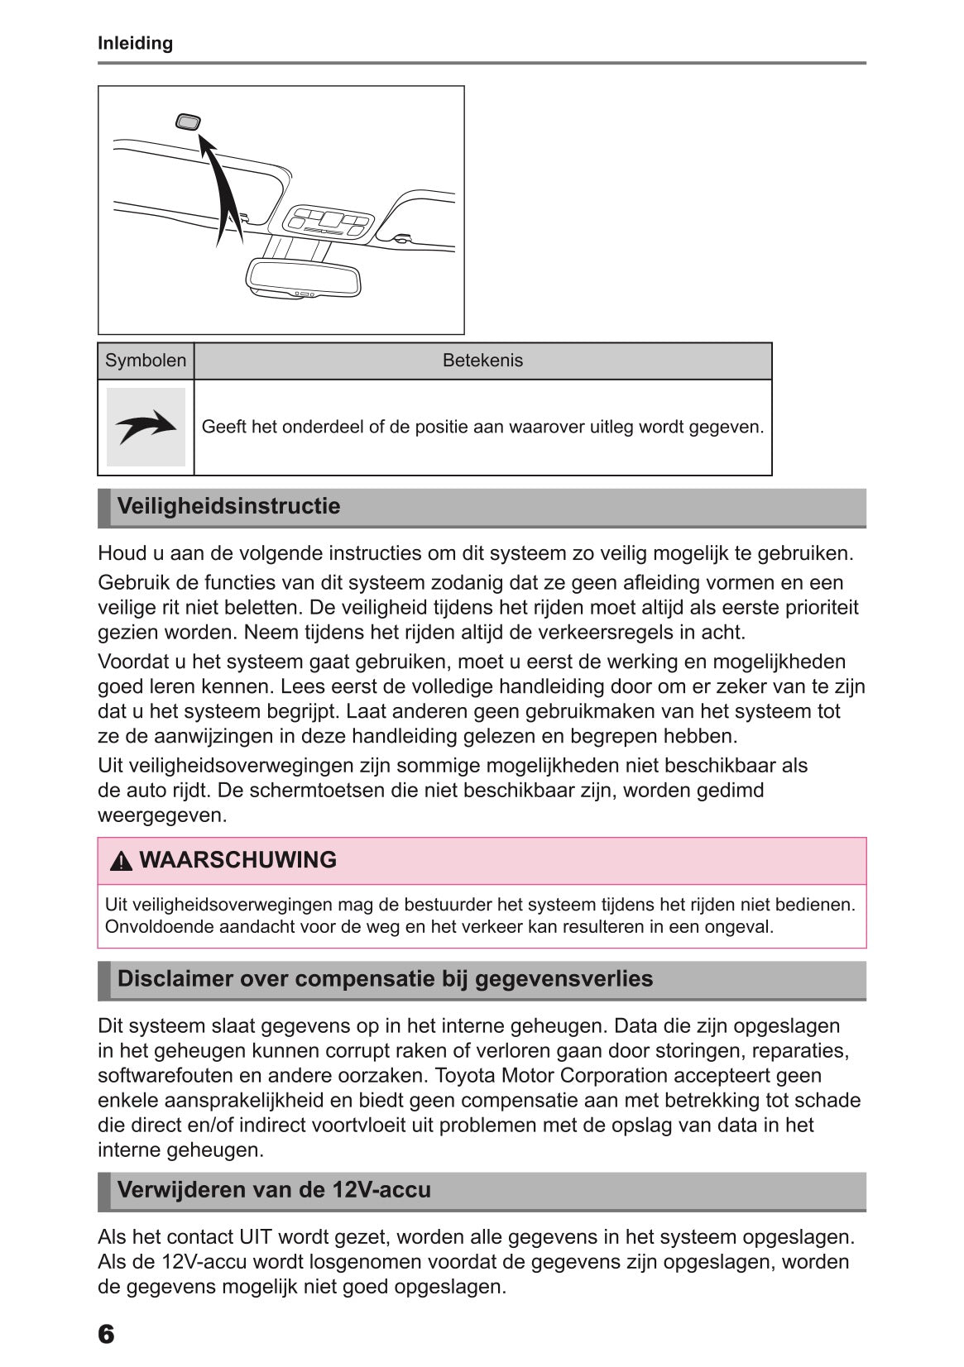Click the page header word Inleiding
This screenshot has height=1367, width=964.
(135, 43)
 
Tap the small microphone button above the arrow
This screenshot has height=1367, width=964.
(189, 122)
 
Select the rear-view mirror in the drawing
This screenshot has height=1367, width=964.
(305, 279)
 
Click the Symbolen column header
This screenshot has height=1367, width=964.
(146, 361)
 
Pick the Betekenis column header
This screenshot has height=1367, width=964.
(482, 361)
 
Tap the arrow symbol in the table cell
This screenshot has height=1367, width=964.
(146, 427)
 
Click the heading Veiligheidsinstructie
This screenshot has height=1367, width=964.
(228, 506)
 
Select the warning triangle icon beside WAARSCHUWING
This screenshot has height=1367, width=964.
(121, 861)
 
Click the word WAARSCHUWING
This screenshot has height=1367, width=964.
(238, 860)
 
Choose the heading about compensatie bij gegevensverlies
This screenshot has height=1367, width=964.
(385, 979)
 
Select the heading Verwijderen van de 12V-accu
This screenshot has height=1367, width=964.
(274, 1190)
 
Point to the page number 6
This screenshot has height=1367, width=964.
(106, 1333)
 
